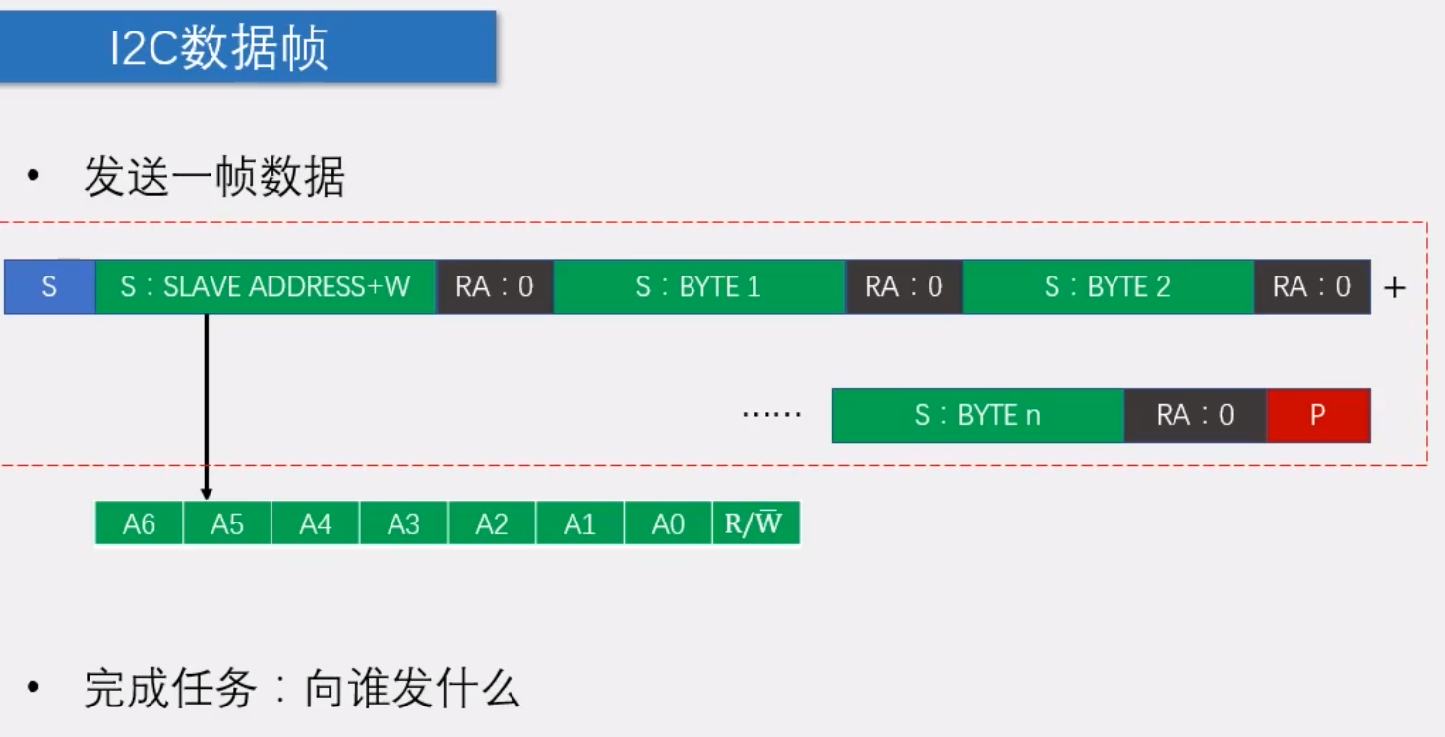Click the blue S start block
click(49, 287)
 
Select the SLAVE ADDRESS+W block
click(266, 287)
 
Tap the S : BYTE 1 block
click(698, 287)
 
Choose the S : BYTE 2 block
click(1108, 287)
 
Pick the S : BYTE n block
click(977, 415)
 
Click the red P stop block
click(1318, 415)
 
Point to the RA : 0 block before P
click(1195, 415)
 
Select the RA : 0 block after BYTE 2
click(1312, 287)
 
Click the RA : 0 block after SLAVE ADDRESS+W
click(494, 287)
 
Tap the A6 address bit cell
click(139, 523)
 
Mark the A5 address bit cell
click(227, 523)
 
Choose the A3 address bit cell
click(403, 523)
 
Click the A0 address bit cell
click(668, 523)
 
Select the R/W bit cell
click(754, 523)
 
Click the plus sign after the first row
click(1394, 288)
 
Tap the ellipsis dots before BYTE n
click(771, 415)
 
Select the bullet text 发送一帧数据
click(213, 179)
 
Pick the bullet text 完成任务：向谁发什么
click(300, 690)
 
